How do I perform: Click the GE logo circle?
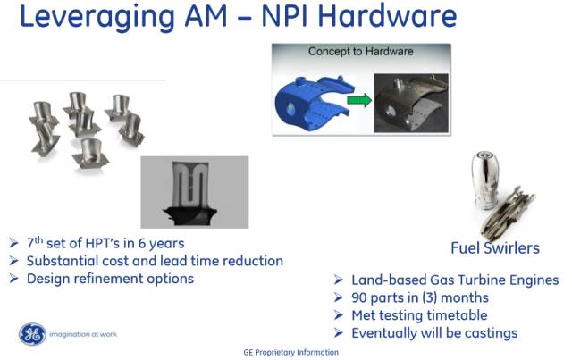point(32,334)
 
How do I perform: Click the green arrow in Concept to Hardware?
point(359,100)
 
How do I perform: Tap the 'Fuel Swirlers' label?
point(495,248)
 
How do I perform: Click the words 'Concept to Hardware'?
point(361,52)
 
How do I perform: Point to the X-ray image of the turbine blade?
point(195,192)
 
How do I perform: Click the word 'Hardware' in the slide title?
point(387,16)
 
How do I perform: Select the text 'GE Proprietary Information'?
point(290,352)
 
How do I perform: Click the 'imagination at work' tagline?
point(83,334)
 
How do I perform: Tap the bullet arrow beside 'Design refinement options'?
point(14,279)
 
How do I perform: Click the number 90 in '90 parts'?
point(359,297)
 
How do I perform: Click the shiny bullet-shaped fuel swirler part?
point(484,180)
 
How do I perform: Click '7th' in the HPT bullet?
point(35,243)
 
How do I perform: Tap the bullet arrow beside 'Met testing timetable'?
point(338,315)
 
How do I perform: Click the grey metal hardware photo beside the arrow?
point(411,103)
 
